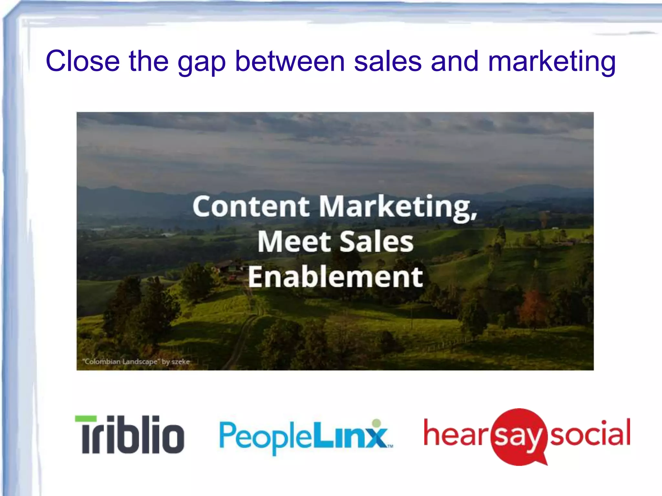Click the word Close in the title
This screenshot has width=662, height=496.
click(83, 61)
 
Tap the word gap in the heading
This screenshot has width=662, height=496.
click(201, 63)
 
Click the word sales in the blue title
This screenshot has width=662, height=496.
click(388, 61)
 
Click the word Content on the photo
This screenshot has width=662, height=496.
click(251, 207)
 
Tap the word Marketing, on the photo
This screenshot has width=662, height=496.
click(398, 207)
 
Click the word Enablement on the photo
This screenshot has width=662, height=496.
click(335, 277)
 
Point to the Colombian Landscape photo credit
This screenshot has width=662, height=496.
click(136, 362)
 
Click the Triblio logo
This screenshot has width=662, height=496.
click(130, 434)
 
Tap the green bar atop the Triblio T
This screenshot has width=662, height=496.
click(86, 419)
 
